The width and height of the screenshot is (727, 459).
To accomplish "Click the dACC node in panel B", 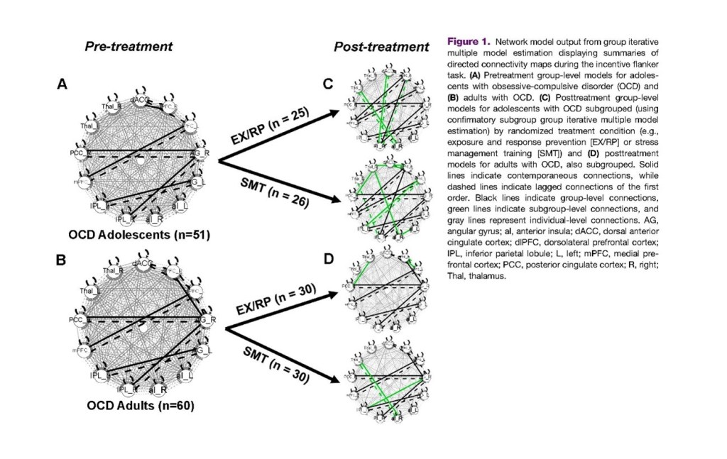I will coord(141,264).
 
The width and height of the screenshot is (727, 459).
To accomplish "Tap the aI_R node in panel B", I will coord(157,389).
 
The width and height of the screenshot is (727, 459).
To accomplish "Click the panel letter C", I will coord(327,85).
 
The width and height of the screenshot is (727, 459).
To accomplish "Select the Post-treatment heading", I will coord(381,48).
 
